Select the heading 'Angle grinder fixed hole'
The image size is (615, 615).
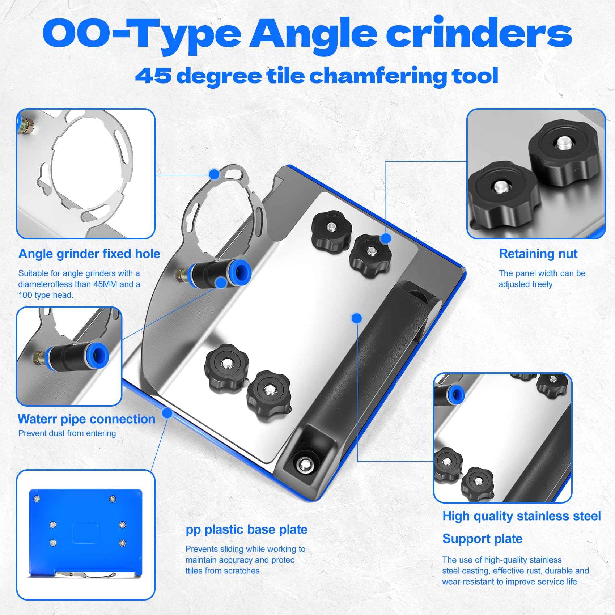(89, 254)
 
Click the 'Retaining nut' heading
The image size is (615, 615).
(538, 254)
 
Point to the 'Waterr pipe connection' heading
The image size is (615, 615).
(86, 419)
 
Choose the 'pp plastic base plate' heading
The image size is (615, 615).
(246, 529)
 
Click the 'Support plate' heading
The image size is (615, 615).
(482, 539)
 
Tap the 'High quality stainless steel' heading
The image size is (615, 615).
(521, 516)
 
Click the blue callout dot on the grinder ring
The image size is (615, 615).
(214, 174)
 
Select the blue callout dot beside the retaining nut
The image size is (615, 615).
(386, 238)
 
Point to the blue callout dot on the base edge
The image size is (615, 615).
(167, 413)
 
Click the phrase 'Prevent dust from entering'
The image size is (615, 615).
(67, 433)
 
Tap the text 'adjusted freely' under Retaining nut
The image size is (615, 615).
(525, 284)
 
